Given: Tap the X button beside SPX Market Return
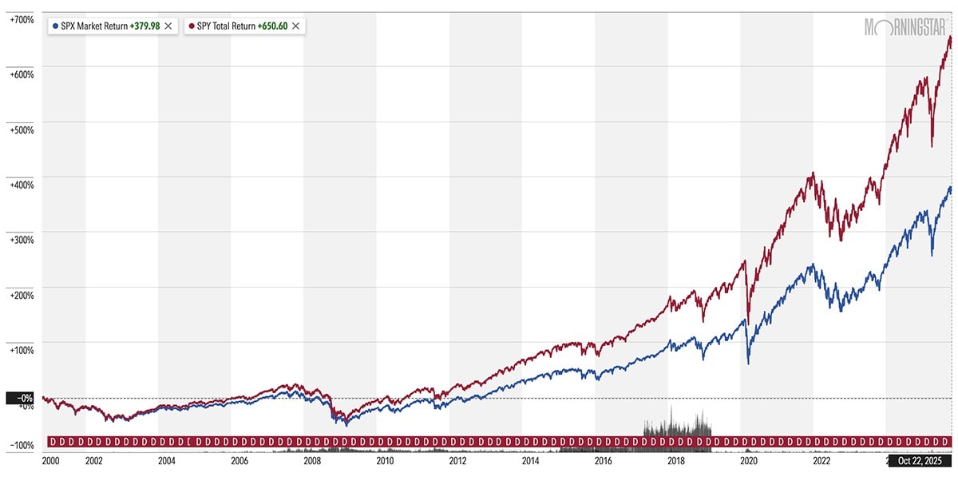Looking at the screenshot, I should [x=168, y=26].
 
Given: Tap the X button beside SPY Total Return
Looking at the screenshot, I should [x=296, y=26].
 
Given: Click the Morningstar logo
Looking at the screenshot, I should [x=907, y=27].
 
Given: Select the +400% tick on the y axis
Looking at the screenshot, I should [x=22, y=184].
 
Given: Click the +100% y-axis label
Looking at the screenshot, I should [x=22, y=349].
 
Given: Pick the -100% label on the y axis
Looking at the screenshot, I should [x=22, y=445].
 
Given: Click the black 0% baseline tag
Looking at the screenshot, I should [x=22, y=398].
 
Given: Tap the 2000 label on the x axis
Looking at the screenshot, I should [x=50, y=461].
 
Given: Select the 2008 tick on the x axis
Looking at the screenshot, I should [x=312, y=461].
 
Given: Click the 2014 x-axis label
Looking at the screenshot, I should [x=530, y=461].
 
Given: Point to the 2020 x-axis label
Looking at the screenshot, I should [x=749, y=461].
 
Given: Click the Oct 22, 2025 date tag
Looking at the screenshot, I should [x=921, y=461].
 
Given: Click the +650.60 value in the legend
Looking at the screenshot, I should [x=272, y=26].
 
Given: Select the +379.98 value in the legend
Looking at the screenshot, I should [x=144, y=26].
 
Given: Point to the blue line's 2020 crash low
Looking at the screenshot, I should [x=748, y=364].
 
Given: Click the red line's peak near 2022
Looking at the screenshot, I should [x=812, y=173].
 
